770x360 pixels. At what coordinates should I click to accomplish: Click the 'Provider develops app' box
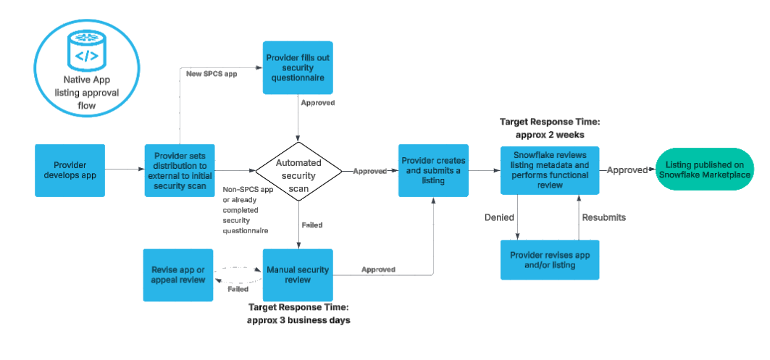pos(70,170)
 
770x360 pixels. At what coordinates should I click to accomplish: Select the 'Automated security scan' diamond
pos(298,171)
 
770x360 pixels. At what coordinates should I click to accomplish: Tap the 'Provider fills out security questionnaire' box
pos(298,67)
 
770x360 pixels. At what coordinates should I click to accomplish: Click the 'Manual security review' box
pos(298,275)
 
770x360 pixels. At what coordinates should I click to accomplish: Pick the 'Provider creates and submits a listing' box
pos(433,170)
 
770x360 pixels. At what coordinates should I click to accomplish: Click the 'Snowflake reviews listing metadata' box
pos(550,170)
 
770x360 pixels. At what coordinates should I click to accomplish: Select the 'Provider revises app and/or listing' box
pos(550,259)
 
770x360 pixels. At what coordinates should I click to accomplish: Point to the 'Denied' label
pos(500,217)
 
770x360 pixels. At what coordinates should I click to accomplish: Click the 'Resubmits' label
pos(603,217)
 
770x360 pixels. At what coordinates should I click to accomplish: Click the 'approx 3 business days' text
pos(298,319)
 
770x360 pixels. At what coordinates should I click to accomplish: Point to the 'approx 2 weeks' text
pos(550,135)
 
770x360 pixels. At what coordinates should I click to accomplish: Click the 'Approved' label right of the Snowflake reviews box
pos(627,170)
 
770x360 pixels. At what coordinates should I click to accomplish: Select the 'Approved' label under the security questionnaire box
pos(317,103)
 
